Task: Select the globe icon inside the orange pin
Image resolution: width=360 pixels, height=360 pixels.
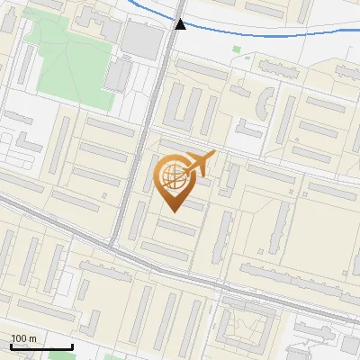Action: click(x=172, y=177)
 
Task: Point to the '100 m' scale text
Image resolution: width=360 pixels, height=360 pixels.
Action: click(x=23, y=338)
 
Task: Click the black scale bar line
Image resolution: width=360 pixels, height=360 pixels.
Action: click(x=41, y=346)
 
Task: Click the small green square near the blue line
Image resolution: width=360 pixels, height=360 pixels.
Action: click(x=237, y=49)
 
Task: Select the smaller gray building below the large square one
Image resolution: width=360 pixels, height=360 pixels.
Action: click(x=117, y=76)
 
